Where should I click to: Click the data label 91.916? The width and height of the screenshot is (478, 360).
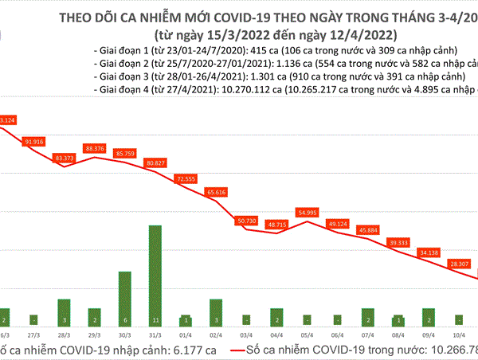tap(34, 141)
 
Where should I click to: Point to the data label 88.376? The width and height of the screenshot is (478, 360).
tap(95, 147)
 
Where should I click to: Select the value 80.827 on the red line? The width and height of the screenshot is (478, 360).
tap(155, 163)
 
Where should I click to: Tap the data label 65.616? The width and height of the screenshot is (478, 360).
tap(215, 192)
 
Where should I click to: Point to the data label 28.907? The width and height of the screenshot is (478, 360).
tap(458, 263)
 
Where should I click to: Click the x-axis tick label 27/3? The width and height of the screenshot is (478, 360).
tap(34, 337)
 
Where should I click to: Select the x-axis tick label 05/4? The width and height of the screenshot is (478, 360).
tap(307, 337)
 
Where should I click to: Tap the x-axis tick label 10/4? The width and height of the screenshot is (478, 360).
tap(458, 337)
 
